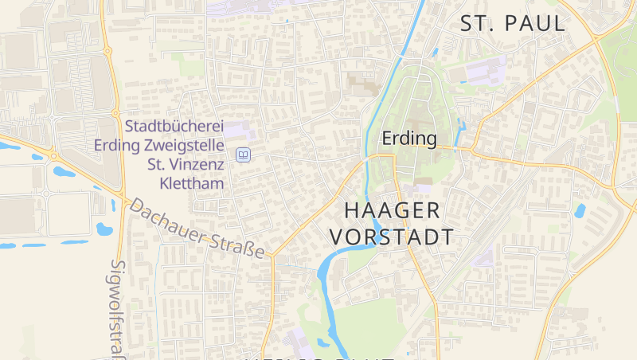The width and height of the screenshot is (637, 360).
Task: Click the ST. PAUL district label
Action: tap(513, 23)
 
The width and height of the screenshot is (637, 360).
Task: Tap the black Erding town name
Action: tap(409, 139)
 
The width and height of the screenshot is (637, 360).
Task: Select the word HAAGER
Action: tap(392, 210)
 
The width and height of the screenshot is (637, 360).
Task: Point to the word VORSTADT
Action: tap(392, 237)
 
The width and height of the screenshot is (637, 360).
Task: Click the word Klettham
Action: tap(192, 183)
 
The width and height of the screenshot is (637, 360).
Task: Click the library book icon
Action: tap(244, 155)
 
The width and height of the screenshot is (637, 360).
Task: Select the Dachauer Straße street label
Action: tap(196, 229)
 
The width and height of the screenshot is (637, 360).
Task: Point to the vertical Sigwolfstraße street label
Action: tap(119, 307)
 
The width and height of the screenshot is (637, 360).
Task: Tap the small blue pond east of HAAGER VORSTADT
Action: tap(580, 211)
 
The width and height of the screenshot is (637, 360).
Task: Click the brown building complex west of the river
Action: tap(363, 83)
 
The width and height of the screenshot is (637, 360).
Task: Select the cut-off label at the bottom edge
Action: tap(318, 357)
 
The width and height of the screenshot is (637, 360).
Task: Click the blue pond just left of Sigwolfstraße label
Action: tap(104, 229)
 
